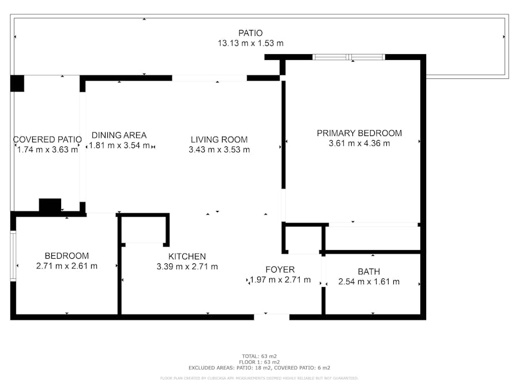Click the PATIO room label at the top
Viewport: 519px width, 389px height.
tap(251, 33)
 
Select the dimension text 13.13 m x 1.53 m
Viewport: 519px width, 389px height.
tap(251, 43)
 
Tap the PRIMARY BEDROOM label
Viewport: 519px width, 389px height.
tap(359, 133)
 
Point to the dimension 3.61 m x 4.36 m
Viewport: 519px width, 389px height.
tap(359, 143)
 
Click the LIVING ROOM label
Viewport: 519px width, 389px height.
tap(219, 139)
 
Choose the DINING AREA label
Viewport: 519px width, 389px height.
tap(119, 135)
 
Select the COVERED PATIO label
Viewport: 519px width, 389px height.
tap(47, 139)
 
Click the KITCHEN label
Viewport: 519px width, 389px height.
tap(187, 256)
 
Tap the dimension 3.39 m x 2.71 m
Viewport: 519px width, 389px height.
tap(187, 267)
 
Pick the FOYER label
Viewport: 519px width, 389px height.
tap(280, 270)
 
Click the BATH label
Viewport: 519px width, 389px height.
tap(368, 271)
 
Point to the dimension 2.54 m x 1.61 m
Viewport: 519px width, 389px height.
tap(368, 281)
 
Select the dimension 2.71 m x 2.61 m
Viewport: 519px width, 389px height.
tap(66, 266)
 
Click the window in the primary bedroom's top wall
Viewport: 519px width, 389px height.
tap(349, 57)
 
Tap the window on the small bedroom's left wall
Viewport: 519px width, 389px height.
tap(13, 256)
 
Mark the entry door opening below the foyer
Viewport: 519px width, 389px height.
tap(272, 317)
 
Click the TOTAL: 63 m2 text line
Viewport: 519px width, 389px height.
tap(259, 356)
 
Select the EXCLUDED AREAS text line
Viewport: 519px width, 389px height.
tap(259, 368)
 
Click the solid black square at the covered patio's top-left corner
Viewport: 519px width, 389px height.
tap(17, 84)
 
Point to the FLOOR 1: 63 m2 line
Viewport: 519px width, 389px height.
tap(259, 362)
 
